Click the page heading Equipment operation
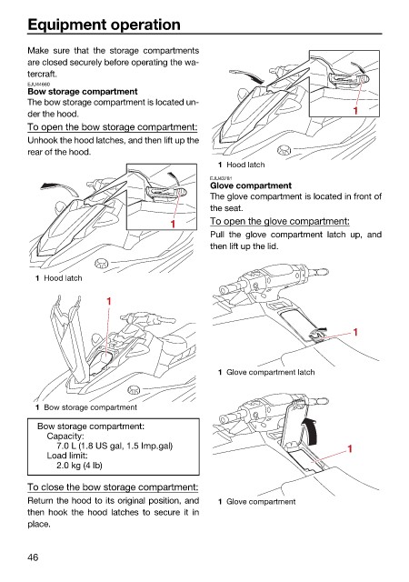click(x=104, y=25)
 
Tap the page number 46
click(x=33, y=557)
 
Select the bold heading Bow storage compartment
click(x=83, y=91)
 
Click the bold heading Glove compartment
click(x=251, y=186)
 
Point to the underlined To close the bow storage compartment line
click(x=113, y=487)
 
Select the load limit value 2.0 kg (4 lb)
click(x=79, y=465)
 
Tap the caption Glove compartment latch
click(x=270, y=372)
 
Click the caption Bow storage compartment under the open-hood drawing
click(x=90, y=407)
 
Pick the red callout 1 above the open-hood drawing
click(x=109, y=301)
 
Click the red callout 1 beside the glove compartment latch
click(x=355, y=331)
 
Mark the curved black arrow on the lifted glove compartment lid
click(x=312, y=429)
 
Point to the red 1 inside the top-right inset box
click(x=355, y=111)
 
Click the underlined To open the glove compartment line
click(x=280, y=221)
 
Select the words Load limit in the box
click(x=67, y=456)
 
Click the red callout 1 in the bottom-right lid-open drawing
click(x=349, y=449)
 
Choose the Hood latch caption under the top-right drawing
click(x=245, y=165)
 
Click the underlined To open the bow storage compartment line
click(x=113, y=127)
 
